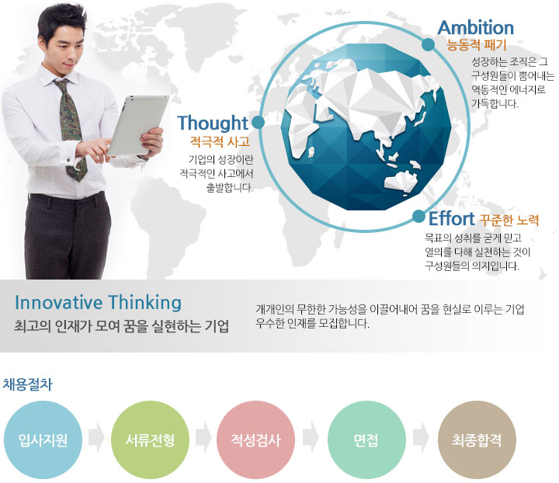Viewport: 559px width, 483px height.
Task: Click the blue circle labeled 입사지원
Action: pyautogui.click(x=43, y=440)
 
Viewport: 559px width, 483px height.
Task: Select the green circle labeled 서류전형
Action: pyautogui.click(x=150, y=440)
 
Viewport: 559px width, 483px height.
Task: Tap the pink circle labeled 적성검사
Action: pyautogui.click(x=255, y=440)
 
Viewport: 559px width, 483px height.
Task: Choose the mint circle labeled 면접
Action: pyautogui.click(x=366, y=440)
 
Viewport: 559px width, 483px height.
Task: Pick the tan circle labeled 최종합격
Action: pyautogui.click(x=477, y=440)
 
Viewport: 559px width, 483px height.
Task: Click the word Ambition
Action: pyautogui.click(x=476, y=28)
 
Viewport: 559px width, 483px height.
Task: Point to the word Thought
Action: pyautogui.click(x=213, y=123)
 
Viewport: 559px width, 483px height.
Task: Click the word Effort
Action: pyautogui.click(x=451, y=218)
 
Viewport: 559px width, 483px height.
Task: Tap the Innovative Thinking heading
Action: pyautogui.click(x=98, y=303)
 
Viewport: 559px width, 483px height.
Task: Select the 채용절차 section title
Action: pyautogui.click(x=27, y=384)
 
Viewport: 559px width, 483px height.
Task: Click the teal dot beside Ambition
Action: pyautogui.click(x=428, y=45)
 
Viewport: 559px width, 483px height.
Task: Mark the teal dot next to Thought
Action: pyautogui.click(x=258, y=122)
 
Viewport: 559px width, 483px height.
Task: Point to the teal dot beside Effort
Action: pyautogui.click(x=419, y=217)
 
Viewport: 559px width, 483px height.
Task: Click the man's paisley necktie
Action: pyautogui.click(x=71, y=128)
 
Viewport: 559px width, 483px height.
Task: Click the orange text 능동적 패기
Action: pyautogui.click(x=476, y=45)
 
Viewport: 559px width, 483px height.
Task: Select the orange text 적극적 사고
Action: pyautogui.click(x=220, y=142)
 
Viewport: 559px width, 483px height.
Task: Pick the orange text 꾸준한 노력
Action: pyautogui.click(x=509, y=220)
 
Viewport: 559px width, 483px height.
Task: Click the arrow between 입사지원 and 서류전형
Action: pyautogui.click(x=96, y=437)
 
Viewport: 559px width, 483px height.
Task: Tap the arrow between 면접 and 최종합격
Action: pyautogui.click(x=421, y=437)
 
